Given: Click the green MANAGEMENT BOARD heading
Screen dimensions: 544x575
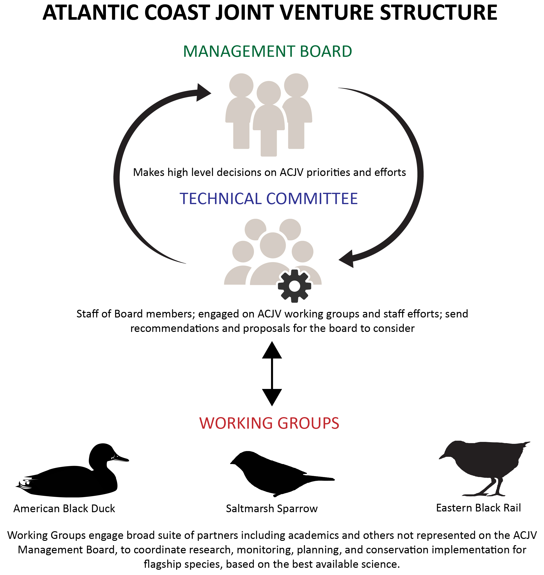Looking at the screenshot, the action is pos(267,51).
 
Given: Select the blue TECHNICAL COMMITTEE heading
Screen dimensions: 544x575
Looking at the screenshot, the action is pos(269,199).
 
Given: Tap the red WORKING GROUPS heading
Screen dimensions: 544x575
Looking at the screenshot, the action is pos(269,423).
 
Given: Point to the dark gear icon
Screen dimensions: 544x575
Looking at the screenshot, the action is pos(294,286).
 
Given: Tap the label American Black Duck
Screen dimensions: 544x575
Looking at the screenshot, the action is pos(64,509).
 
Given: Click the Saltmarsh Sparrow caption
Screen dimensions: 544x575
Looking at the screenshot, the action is pos(272,509).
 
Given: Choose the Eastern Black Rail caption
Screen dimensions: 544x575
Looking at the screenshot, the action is pos(479,508).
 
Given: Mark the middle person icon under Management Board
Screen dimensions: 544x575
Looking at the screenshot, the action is pos(269,119).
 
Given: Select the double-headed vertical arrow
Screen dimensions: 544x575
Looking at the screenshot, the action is pos(272,374).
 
